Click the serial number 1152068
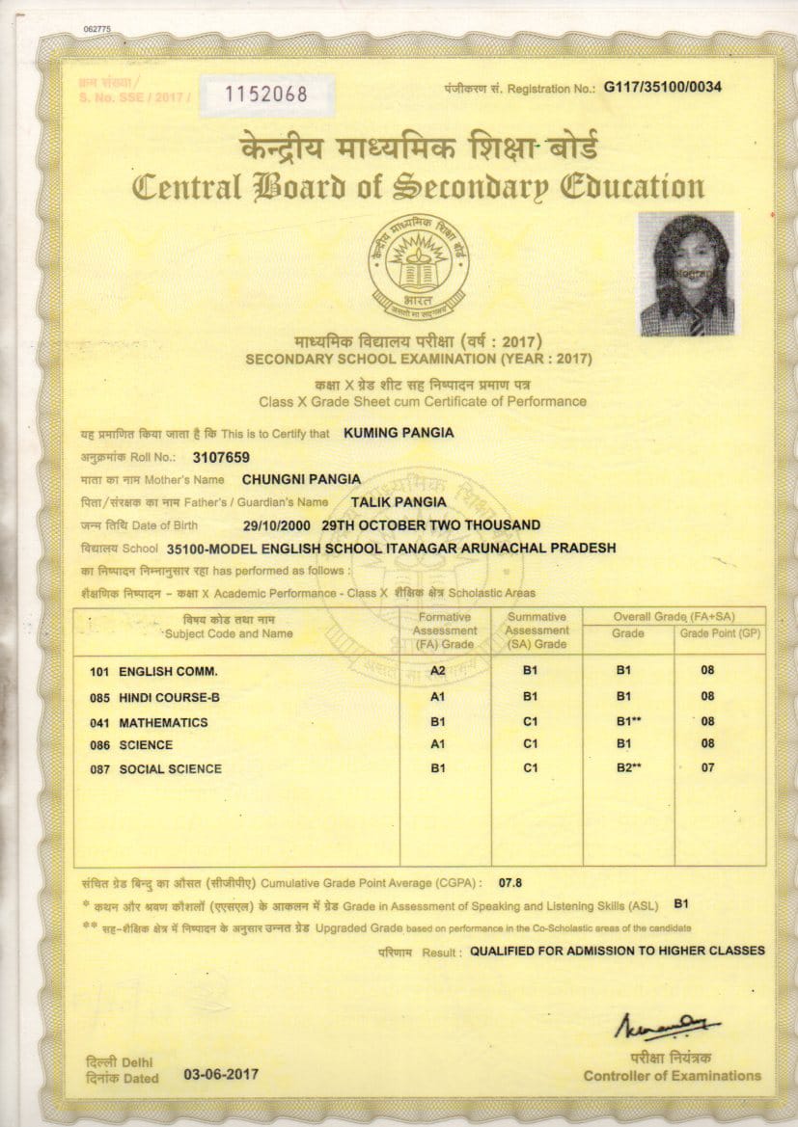(x=265, y=94)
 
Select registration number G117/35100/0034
(x=663, y=88)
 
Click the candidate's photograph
(x=685, y=274)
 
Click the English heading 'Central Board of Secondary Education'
(x=418, y=185)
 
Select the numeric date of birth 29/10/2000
(x=279, y=525)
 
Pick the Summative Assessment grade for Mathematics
(x=530, y=722)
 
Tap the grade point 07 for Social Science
(x=708, y=768)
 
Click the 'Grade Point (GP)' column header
(x=719, y=634)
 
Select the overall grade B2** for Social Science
(x=628, y=768)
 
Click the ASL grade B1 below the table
(x=680, y=904)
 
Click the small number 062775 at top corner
(x=98, y=29)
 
